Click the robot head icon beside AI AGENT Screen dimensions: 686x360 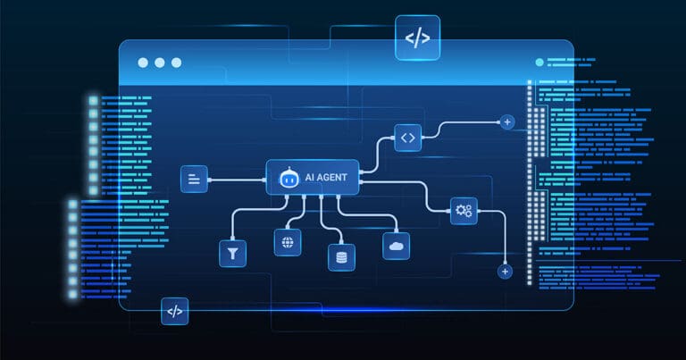289,177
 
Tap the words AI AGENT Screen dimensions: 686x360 326,177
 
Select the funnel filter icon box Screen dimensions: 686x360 233,254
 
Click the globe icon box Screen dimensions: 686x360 288,242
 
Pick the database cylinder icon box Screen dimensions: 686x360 342,257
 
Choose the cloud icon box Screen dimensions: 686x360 396,247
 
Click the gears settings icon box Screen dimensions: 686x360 464,211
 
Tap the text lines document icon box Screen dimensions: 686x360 194,179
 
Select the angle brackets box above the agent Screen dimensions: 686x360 407,138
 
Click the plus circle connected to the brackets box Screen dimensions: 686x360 507,122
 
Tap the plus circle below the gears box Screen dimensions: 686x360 505,272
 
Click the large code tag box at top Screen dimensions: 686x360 417,38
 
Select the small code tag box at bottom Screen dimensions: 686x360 174,312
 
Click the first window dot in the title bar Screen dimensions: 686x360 143,63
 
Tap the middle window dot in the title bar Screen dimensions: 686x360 160,63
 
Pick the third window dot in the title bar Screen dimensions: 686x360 176,63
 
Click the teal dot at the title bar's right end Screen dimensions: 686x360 540,63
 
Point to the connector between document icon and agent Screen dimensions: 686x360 237,180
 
